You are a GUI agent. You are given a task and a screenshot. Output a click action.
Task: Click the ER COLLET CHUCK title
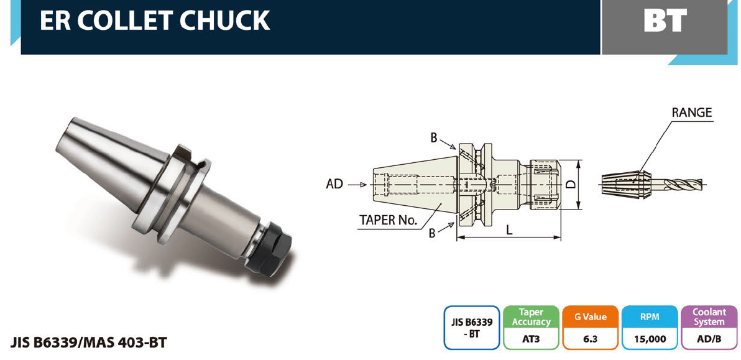pos(155,21)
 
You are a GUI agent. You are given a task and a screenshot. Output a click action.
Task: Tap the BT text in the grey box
pos(665,21)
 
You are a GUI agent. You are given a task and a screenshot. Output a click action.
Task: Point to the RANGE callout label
pos(691,113)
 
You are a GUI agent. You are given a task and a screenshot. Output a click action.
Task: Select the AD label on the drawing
pos(334,184)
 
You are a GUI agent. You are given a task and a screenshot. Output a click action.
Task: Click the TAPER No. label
pos(389,220)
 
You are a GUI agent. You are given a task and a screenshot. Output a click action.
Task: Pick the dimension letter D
pos(571,184)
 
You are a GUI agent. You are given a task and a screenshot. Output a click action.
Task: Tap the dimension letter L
pos(509,230)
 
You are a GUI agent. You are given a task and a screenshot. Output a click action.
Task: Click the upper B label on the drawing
pos(434,138)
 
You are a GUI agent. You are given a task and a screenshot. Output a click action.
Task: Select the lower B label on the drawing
pos(432,233)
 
